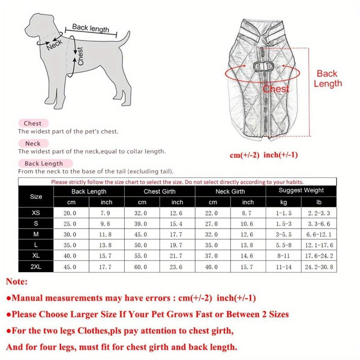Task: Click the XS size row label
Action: (x=36, y=213)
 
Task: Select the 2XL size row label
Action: (x=36, y=267)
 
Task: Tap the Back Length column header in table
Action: (x=89, y=191)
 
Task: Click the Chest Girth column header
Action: (x=160, y=191)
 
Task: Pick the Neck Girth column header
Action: (x=231, y=191)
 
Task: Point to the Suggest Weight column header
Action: (x=301, y=190)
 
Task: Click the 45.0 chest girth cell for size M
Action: (x=142, y=234)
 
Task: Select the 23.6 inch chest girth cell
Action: (x=177, y=267)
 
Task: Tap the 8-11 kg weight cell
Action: (x=284, y=256)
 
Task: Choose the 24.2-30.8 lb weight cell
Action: (x=319, y=267)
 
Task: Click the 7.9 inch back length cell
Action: (x=107, y=213)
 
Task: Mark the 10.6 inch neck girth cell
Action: (x=248, y=224)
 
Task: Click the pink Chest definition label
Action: (x=33, y=123)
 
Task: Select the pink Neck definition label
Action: (x=33, y=144)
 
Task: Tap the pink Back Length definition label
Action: (x=44, y=163)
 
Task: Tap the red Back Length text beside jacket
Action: (x=328, y=78)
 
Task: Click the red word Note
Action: (x=17, y=282)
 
